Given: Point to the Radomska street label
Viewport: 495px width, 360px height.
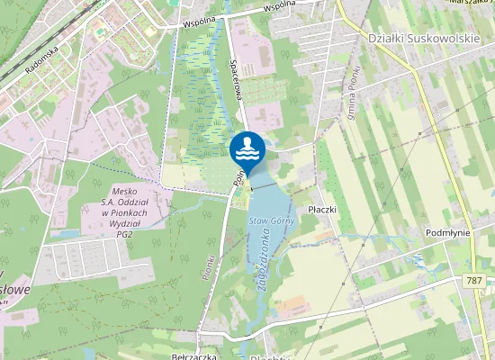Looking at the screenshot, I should click(x=42, y=60).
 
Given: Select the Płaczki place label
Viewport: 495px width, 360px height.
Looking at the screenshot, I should click(x=321, y=209).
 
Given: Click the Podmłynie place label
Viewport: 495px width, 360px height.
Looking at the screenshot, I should click(x=447, y=231).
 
